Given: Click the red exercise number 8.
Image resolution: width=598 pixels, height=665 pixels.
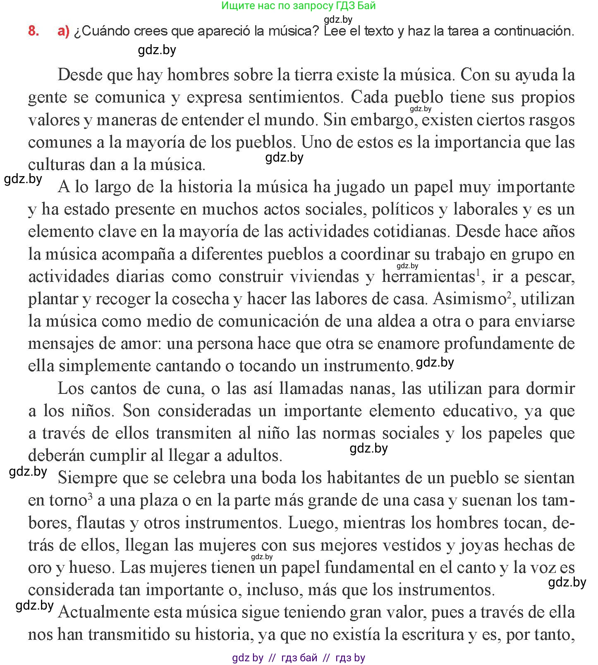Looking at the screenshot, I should (x=33, y=31).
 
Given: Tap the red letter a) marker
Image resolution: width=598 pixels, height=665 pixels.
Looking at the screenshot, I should (x=63, y=31).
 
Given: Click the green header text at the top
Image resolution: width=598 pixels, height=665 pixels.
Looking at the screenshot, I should (x=299, y=6).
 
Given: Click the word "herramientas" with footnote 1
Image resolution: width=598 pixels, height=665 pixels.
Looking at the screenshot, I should (x=428, y=276).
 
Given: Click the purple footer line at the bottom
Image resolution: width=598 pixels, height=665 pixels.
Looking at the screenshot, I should (x=299, y=658).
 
